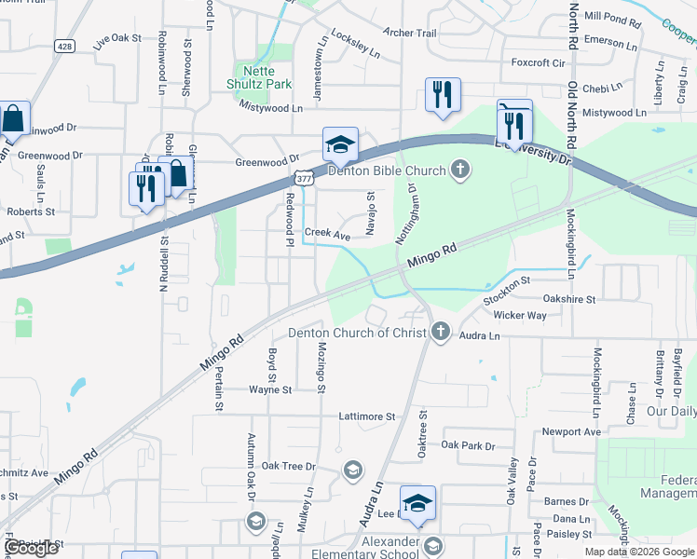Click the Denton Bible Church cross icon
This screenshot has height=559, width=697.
click(x=458, y=170)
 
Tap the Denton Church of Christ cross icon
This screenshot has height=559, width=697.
click(x=441, y=332)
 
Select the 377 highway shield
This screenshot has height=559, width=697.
click(x=304, y=176)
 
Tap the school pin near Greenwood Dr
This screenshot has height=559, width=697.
click(x=340, y=143)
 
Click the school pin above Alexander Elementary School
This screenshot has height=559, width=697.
click(x=417, y=502)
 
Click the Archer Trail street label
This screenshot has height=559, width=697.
click(x=410, y=34)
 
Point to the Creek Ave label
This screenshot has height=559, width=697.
click(x=328, y=237)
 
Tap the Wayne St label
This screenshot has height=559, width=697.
click(x=270, y=389)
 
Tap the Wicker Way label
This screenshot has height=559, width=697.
click(x=520, y=315)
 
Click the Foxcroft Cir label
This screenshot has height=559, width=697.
click(x=539, y=63)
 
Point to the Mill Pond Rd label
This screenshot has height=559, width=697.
click(x=612, y=18)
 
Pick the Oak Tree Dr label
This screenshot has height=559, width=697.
click(x=289, y=466)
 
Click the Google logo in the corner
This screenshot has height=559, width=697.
click(x=31, y=548)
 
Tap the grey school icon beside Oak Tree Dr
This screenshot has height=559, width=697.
click(x=352, y=469)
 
